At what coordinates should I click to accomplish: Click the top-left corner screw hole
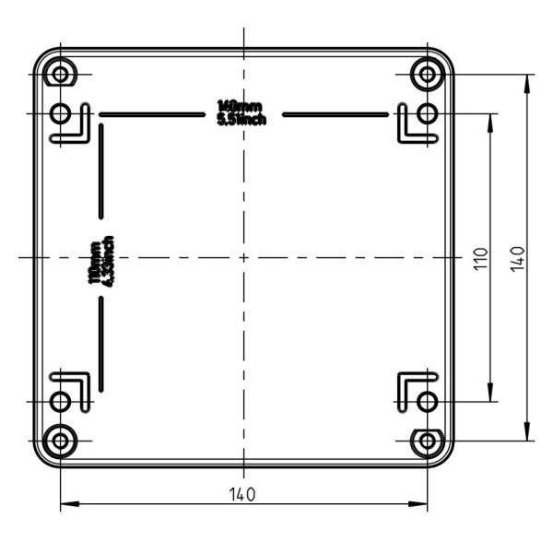(x=61, y=74)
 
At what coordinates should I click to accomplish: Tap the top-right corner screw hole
(x=427, y=74)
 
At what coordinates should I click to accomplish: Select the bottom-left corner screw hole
(x=61, y=441)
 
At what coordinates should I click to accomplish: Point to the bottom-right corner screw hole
(x=427, y=441)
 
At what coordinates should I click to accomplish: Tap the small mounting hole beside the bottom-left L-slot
(x=61, y=402)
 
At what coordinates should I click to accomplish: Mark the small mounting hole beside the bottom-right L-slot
(x=427, y=402)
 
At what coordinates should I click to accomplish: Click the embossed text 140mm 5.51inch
(x=242, y=112)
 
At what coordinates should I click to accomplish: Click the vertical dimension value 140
(x=517, y=258)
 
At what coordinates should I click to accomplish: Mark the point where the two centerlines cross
(x=243, y=257)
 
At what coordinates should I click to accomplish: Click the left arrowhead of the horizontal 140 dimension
(x=66, y=504)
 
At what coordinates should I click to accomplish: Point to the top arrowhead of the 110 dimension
(x=489, y=120)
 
